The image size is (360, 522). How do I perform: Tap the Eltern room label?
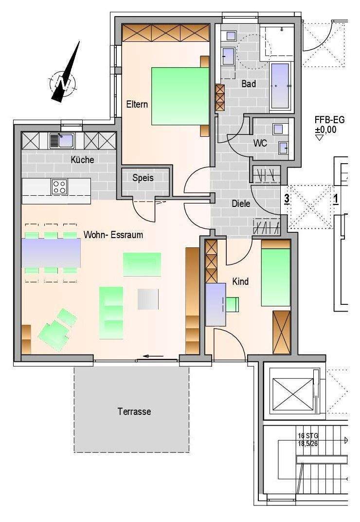pos(137,104)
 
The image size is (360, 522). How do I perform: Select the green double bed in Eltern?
pos(180,96)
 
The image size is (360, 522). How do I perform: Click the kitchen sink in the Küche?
pos(62,141)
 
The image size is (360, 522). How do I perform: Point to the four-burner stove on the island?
pos(59,187)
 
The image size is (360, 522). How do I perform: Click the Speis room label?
pos(143,178)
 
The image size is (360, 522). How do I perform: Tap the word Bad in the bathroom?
pos(249,84)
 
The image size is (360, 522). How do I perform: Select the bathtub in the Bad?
pos(281,86)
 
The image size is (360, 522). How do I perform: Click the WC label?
pos(260,143)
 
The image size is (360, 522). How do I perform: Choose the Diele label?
pos(241,203)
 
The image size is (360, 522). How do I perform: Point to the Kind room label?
pos(240,281)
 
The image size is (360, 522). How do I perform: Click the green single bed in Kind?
pos(276,278)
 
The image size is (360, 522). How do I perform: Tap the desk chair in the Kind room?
pos(233,304)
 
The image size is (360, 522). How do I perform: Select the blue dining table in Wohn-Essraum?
pos(51,253)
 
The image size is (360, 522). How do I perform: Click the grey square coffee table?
pos(148,299)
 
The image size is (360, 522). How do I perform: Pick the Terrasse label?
pos(134,411)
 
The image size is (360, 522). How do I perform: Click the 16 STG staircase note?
pos(308,439)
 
